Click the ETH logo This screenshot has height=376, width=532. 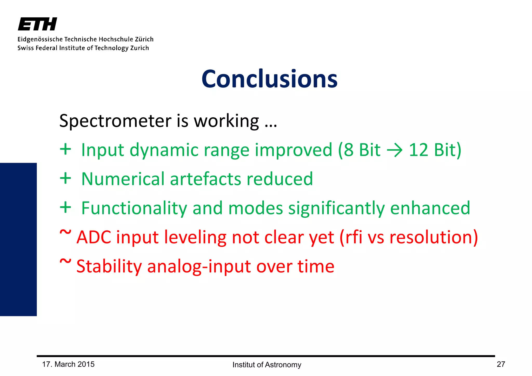[37, 24]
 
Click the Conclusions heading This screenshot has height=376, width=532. [269, 79]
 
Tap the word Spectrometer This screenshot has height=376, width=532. [115, 121]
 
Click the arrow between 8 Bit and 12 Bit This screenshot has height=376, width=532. [395, 150]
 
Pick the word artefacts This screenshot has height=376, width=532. [205, 179]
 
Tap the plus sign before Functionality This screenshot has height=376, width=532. [65, 207]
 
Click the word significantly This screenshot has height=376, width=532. [336, 208]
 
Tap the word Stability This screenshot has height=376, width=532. [109, 266]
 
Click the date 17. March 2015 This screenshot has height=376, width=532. [68, 364]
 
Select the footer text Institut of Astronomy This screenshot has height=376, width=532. [267, 365]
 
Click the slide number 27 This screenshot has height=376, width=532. [501, 364]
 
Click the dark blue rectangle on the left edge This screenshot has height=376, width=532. [18, 239]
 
